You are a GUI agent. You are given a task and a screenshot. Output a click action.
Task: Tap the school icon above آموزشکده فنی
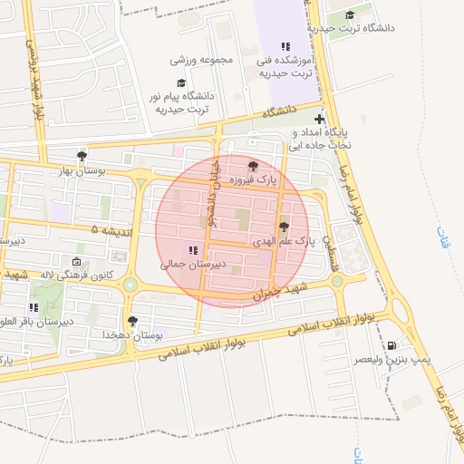(x=286, y=46)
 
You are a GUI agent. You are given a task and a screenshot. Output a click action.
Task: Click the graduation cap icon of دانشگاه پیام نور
(x=179, y=82)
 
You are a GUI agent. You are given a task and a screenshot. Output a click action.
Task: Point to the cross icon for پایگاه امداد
(x=319, y=119)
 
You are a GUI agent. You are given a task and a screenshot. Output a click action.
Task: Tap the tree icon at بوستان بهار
(x=82, y=156)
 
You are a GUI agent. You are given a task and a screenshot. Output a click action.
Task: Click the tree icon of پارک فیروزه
(x=252, y=166)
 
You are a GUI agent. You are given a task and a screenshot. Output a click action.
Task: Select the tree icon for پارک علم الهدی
(x=284, y=227)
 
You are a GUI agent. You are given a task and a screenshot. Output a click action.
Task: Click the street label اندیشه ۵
(x=108, y=231)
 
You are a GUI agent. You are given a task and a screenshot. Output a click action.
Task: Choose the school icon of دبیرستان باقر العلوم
(x=34, y=308)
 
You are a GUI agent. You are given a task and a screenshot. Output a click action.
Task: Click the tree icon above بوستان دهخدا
(x=133, y=321)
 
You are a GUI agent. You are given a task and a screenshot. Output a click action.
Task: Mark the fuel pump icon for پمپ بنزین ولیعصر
(x=391, y=345)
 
